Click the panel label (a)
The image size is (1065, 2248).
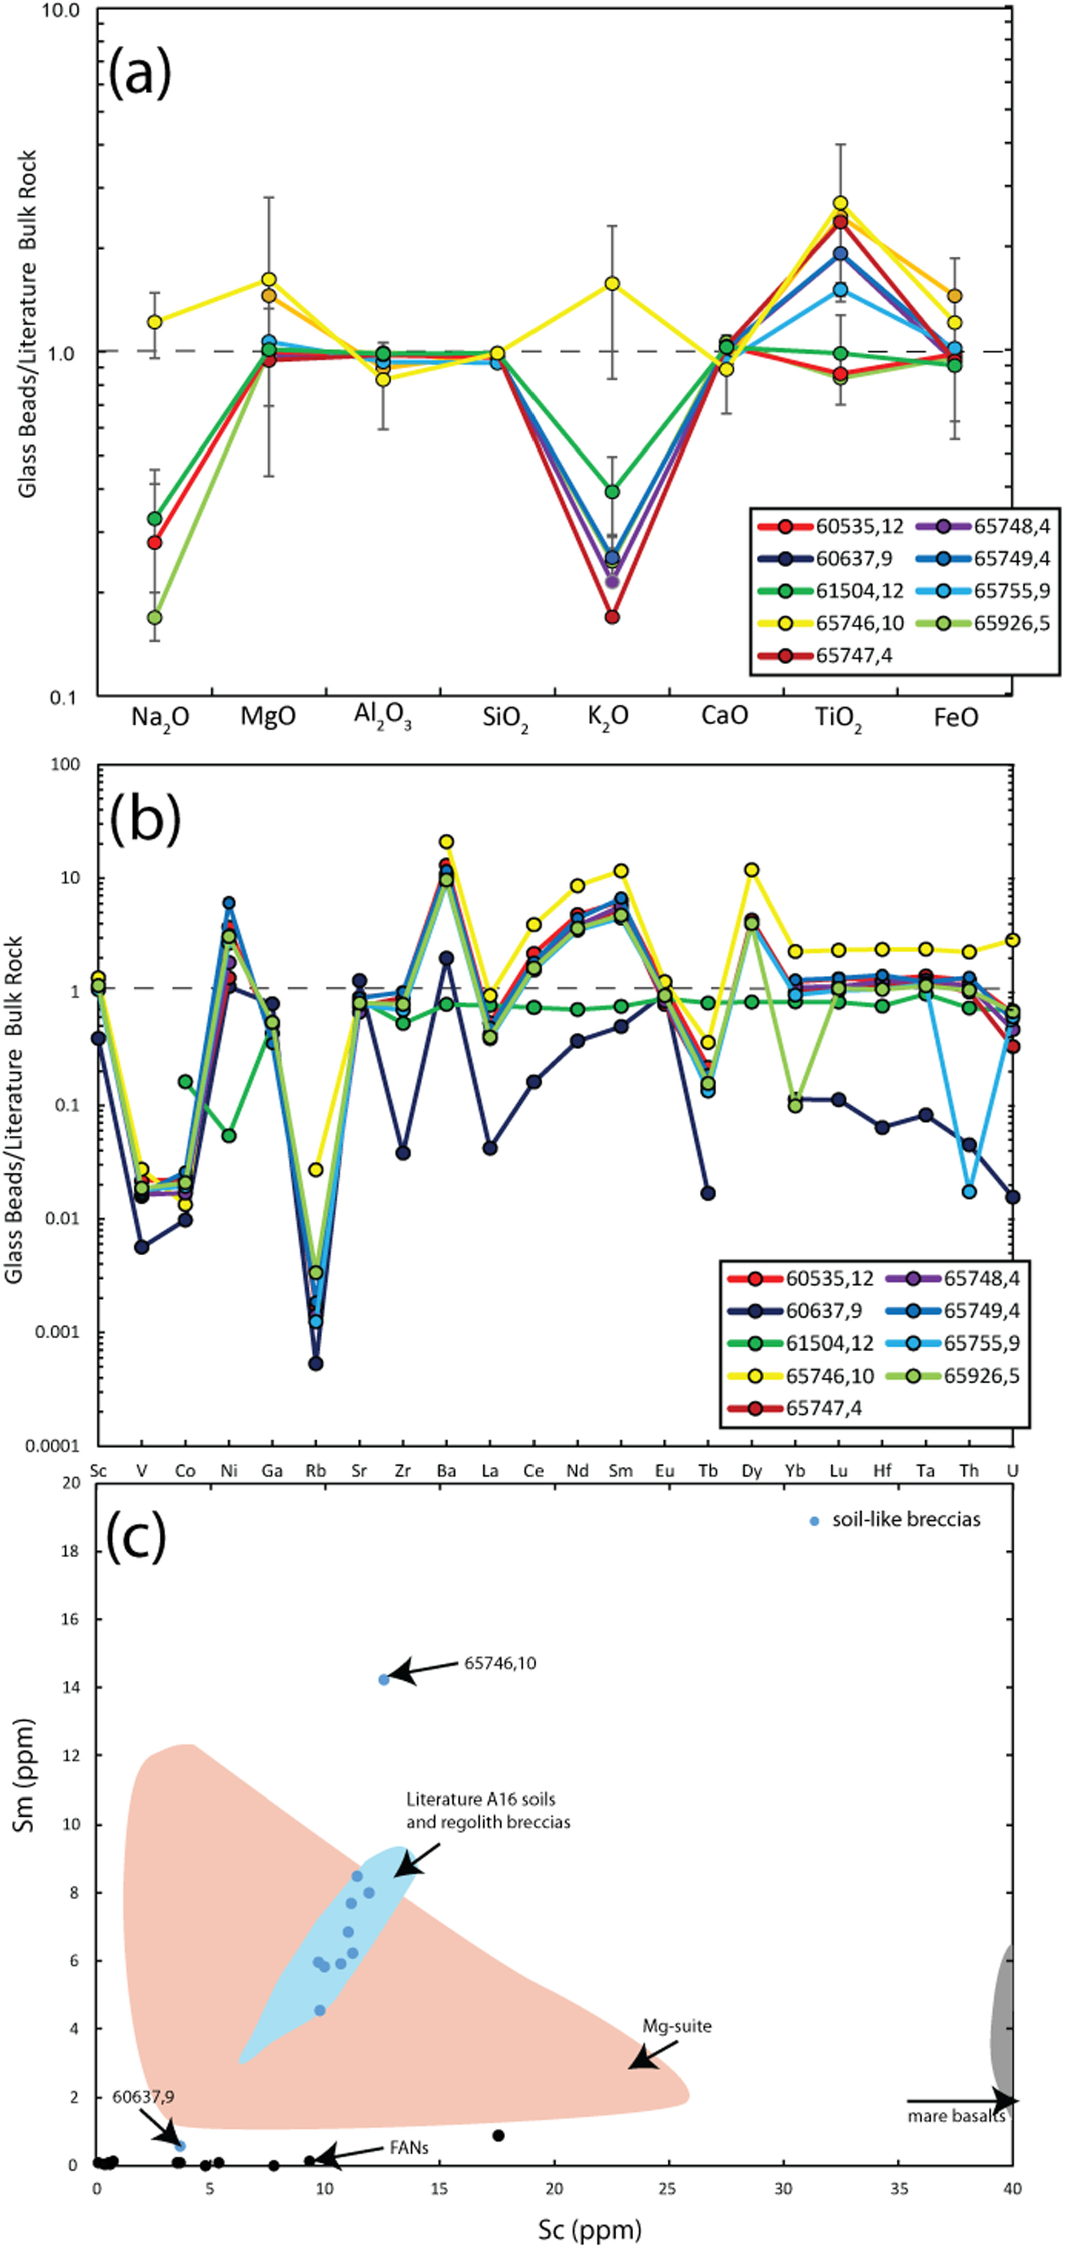click(x=140, y=74)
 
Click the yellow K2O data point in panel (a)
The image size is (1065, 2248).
click(x=612, y=284)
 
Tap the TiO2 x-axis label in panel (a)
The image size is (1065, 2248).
click(x=839, y=718)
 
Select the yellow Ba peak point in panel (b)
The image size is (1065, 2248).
click(x=446, y=842)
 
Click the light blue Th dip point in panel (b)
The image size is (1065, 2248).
click(x=969, y=1192)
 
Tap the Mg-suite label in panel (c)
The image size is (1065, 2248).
click(x=677, y=2026)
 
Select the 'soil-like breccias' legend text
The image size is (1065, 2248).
click(x=906, y=1519)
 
